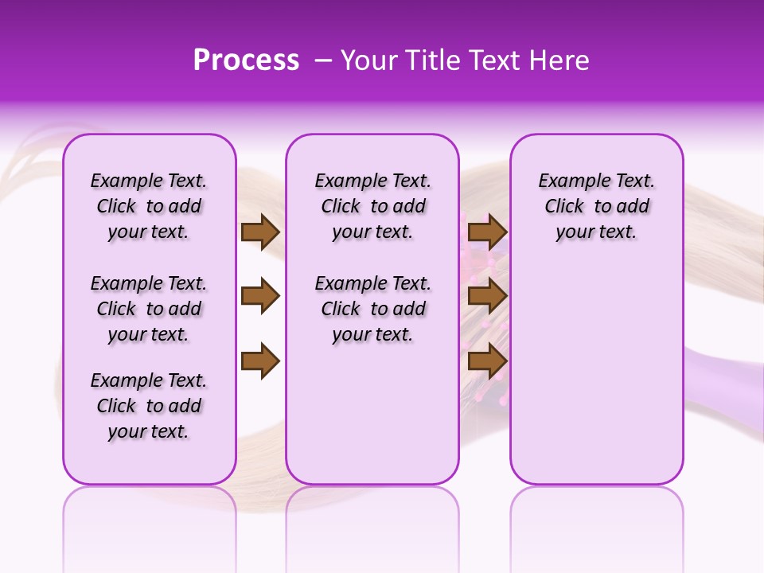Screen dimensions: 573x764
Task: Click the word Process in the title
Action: coord(246,60)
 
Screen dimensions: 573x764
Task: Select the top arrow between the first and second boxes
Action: coord(259,232)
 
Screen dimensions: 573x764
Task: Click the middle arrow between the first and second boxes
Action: coord(259,297)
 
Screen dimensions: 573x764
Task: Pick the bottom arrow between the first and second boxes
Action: coord(259,361)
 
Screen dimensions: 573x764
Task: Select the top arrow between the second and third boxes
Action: coord(487,232)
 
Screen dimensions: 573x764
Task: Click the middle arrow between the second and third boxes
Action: coord(487,297)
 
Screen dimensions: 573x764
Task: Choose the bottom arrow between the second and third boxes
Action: coord(487,361)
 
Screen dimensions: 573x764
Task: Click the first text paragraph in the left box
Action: coord(149,206)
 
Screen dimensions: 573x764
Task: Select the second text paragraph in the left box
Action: coord(149,309)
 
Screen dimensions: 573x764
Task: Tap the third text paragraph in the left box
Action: coord(149,406)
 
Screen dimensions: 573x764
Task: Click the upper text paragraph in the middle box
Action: coord(372,206)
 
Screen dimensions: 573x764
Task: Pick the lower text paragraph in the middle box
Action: coord(372,309)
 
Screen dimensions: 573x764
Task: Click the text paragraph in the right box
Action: coord(596,206)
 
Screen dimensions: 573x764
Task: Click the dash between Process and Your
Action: coord(323,61)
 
